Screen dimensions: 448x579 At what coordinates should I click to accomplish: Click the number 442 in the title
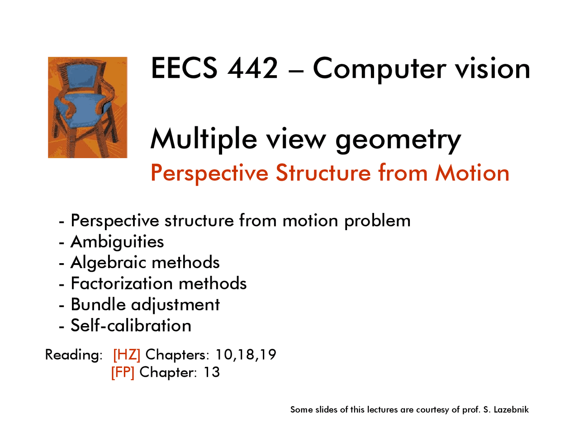[x=252, y=69]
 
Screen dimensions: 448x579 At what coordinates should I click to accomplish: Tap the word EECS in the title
[x=184, y=69]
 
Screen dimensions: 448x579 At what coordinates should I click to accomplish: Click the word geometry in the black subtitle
[x=398, y=140]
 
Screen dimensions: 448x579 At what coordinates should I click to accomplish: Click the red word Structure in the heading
[x=323, y=173]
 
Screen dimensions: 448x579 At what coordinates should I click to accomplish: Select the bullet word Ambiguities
[x=117, y=242]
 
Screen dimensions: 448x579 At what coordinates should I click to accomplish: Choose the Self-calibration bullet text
[x=131, y=325]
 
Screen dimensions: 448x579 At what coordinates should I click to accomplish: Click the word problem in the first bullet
[x=377, y=221]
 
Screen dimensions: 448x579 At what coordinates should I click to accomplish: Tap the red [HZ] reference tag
[x=127, y=354]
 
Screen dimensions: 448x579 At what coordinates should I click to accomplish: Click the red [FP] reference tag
[x=123, y=372]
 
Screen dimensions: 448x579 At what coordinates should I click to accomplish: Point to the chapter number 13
[x=211, y=372]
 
